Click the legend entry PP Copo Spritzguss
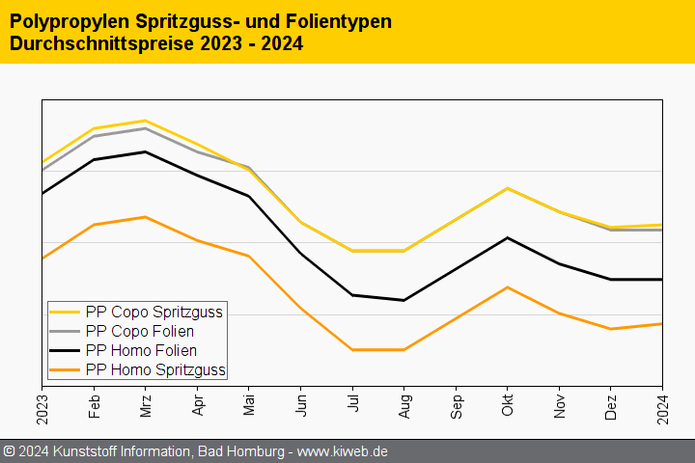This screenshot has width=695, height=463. tap(154, 312)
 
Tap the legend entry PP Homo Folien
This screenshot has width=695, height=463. tap(141, 350)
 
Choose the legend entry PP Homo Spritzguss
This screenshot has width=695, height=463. tap(155, 369)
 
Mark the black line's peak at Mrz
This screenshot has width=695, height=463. tap(145, 151)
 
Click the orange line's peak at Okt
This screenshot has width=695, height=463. tap(508, 287)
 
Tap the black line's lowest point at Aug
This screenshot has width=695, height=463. tap(403, 300)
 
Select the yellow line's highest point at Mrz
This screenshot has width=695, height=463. tap(145, 121)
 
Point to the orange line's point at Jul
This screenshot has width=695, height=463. tap(352, 349)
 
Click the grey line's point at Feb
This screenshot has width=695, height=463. tap(94, 136)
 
